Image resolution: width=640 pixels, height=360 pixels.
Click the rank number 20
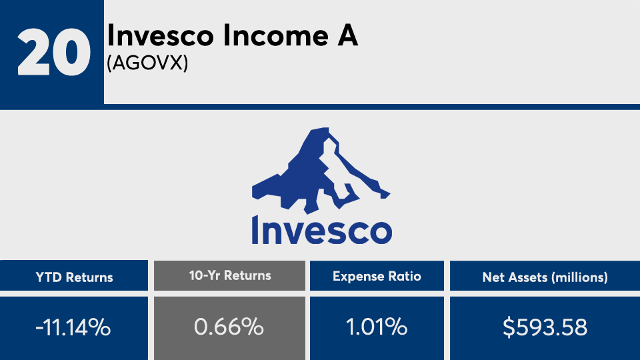[x=53, y=52]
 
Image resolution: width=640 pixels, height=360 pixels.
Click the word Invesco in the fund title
[x=161, y=35]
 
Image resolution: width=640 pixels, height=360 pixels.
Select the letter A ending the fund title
[x=347, y=35]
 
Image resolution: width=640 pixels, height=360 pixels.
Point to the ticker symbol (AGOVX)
[x=147, y=63]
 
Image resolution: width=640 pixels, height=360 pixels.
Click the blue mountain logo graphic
[x=321, y=170]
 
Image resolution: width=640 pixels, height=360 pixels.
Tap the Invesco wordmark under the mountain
[x=321, y=230]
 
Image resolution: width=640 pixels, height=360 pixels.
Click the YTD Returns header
[x=74, y=277]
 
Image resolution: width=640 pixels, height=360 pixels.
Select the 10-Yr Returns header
[x=230, y=275]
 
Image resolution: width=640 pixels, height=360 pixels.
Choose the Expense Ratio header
[x=377, y=276]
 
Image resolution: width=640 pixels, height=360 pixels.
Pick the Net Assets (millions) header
[x=545, y=277]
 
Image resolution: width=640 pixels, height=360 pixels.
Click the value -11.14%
[x=73, y=327]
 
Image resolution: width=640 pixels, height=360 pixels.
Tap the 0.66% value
[x=229, y=327]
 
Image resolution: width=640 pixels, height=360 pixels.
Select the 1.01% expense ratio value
[x=377, y=327]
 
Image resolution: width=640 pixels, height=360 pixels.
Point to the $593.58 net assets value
[x=545, y=327]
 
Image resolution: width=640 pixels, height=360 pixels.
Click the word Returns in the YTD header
[x=89, y=277]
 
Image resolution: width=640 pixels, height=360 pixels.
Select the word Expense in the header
[x=359, y=277]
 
